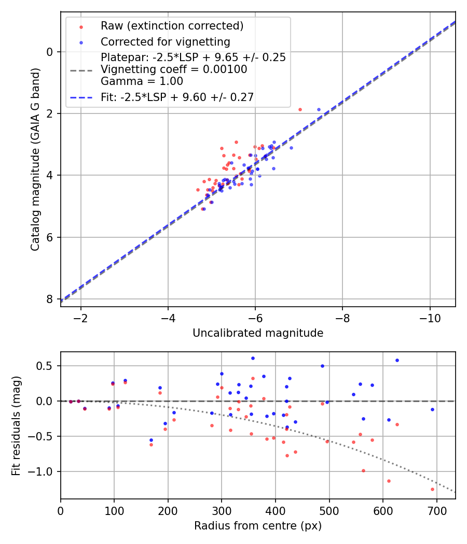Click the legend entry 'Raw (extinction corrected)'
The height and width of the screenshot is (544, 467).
[x=172, y=26]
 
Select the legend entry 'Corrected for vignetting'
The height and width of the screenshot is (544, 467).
[x=165, y=41]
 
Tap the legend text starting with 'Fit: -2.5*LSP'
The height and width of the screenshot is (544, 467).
[x=177, y=97]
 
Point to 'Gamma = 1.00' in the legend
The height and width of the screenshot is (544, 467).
[x=142, y=81]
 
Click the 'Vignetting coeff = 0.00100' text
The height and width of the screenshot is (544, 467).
[x=174, y=69]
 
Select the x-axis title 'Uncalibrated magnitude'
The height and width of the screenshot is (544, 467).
[x=258, y=333]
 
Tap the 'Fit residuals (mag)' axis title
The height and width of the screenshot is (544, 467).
[x=16, y=425]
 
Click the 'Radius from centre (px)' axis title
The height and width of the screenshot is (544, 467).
[x=258, y=526]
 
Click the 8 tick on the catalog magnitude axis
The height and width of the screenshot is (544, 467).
[x=50, y=299]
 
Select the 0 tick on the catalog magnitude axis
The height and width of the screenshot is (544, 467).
[x=50, y=52]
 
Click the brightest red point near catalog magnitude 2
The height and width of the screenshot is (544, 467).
[x=300, y=109]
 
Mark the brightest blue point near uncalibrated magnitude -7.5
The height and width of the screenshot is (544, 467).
[x=319, y=109]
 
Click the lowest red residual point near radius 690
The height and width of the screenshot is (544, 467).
[x=432, y=489]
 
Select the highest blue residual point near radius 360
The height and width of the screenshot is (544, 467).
[x=253, y=358]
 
